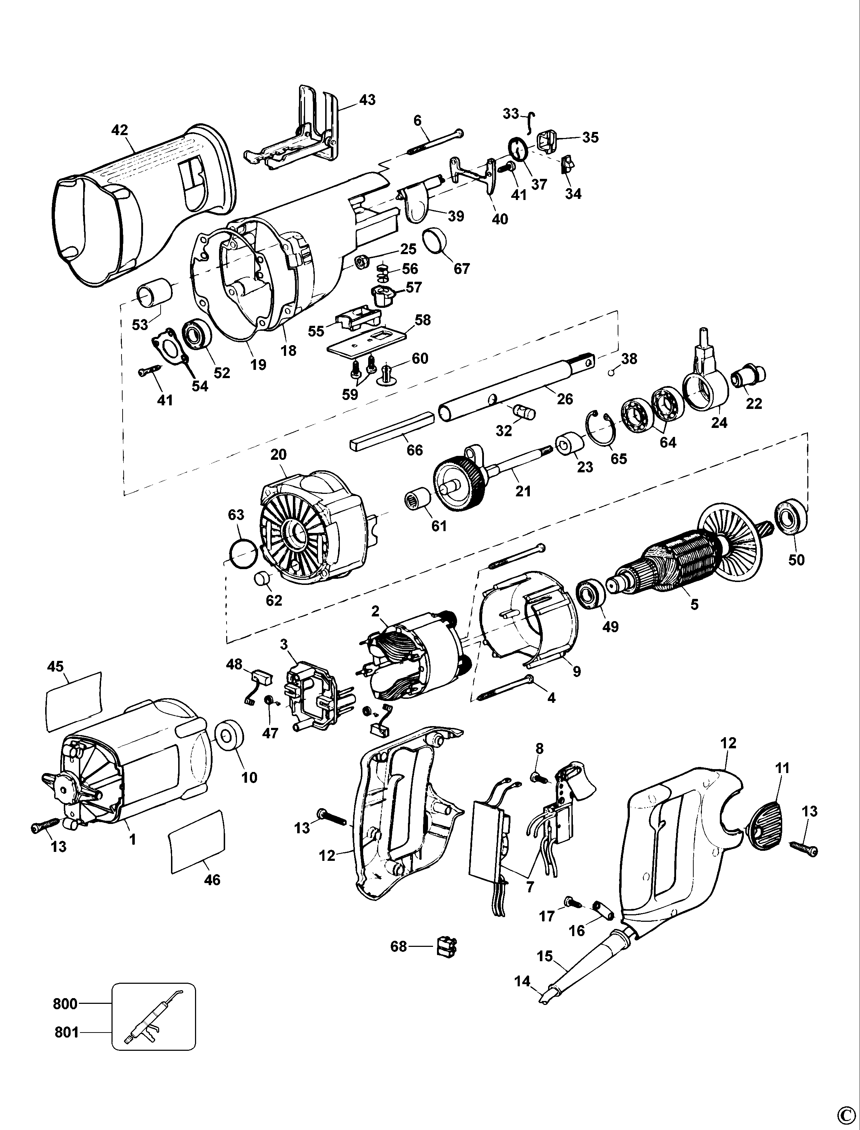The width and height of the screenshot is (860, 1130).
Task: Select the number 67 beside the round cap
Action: [x=462, y=269]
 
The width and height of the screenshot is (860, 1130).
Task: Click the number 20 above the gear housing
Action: [x=279, y=454]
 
